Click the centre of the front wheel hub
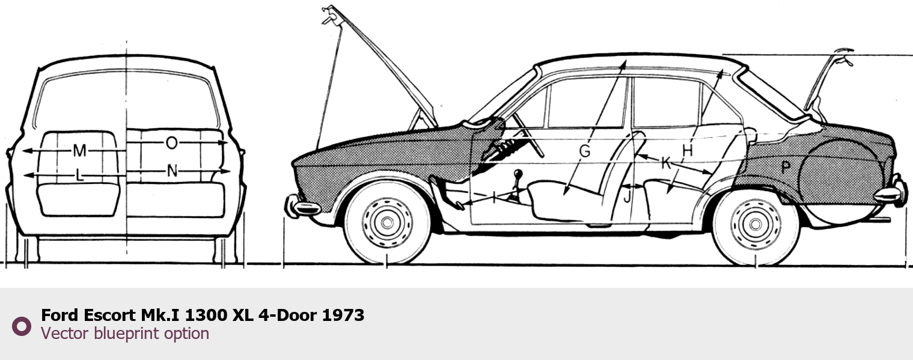pos(387,222)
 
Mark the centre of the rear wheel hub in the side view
pos(756,224)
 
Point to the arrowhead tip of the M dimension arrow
pos(23,151)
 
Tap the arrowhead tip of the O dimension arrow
pos(227,142)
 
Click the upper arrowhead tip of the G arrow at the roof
pos(626,61)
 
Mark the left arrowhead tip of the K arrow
pos(637,155)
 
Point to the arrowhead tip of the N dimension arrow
pos(230,171)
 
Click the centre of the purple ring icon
pos(22,326)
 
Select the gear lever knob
pos(518,174)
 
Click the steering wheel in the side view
pos(528,135)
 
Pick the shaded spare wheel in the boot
pos(841,182)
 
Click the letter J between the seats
pos(627,197)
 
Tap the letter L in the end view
pos(80,175)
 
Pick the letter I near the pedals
pos(494,198)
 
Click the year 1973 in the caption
pos(343,315)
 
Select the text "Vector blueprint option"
pos(125,334)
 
